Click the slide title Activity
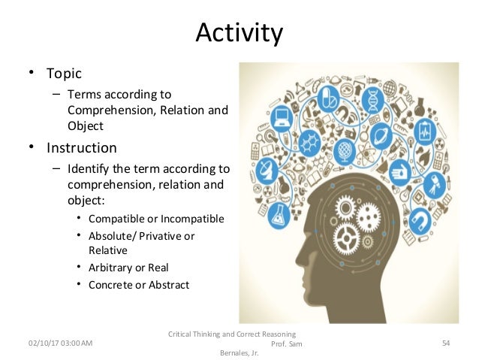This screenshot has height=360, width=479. (x=239, y=33)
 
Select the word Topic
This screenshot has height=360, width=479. (x=64, y=74)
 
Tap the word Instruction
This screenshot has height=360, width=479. (x=82, y=147)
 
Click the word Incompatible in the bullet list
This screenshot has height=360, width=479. (x=191, y=219)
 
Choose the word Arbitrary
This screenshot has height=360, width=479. (x=112, y=268)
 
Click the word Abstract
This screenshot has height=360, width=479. (x=169, y=285)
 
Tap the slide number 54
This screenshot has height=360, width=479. (x=445, y=343)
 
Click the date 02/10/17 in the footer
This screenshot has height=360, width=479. (x=39, y=343)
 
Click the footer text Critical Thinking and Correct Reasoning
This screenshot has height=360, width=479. (x=233, y=333)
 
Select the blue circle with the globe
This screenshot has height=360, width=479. (x=343, y=150)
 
